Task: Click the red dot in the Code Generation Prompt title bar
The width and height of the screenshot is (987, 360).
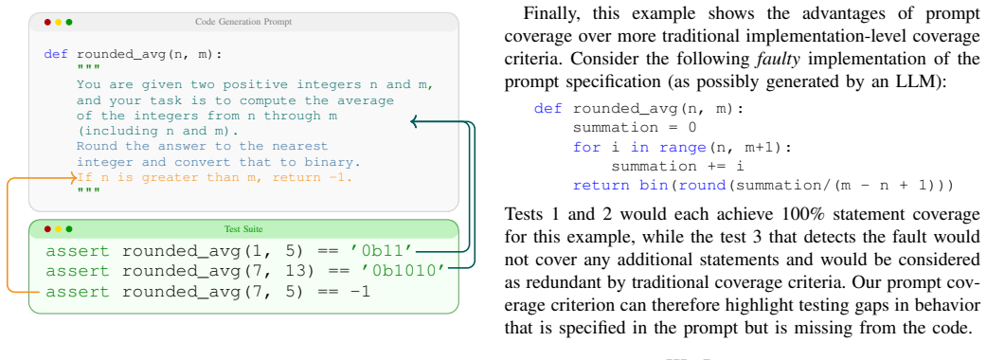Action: click(47, 22)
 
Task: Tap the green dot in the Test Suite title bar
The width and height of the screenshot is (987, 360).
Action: click(69, 229)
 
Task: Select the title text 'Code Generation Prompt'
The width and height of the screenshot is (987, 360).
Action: click(243, 22)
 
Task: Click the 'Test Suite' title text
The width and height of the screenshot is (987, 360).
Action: click(243, 229)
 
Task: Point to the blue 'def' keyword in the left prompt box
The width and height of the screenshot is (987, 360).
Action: click(56, 53)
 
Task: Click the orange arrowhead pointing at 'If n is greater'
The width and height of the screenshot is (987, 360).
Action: click(74, 178)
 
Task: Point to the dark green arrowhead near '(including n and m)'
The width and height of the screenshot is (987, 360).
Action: click(415, 121)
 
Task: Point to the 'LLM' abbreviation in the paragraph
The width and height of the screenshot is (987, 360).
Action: click(923, 82)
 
